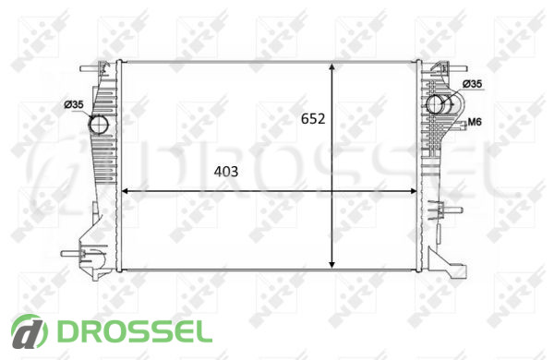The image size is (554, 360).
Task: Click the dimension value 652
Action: tap(313, 119)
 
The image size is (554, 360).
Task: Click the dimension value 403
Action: tap(226, 172)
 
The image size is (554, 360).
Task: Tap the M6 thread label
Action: tap(475, 122)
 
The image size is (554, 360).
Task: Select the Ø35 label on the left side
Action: tap(74, 104)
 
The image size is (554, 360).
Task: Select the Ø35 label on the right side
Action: tap(472, 84)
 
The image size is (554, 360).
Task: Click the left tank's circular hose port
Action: tap(99, 125)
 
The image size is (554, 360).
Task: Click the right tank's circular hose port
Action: tap(436, 104)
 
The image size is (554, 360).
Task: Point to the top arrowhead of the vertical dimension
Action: tap(331, 67)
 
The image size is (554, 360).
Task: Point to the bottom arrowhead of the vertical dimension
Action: tap(331, 264)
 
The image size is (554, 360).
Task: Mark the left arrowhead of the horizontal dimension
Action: tap(126, 191)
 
